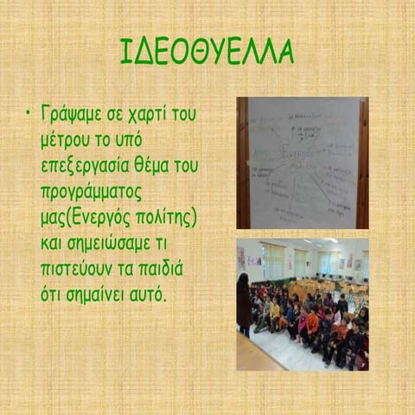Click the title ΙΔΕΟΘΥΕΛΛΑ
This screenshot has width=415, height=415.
207,52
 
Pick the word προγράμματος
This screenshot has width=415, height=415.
91,188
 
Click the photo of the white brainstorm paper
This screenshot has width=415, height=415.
303,162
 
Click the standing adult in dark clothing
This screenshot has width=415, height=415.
245,303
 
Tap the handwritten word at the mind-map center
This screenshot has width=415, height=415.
298,154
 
